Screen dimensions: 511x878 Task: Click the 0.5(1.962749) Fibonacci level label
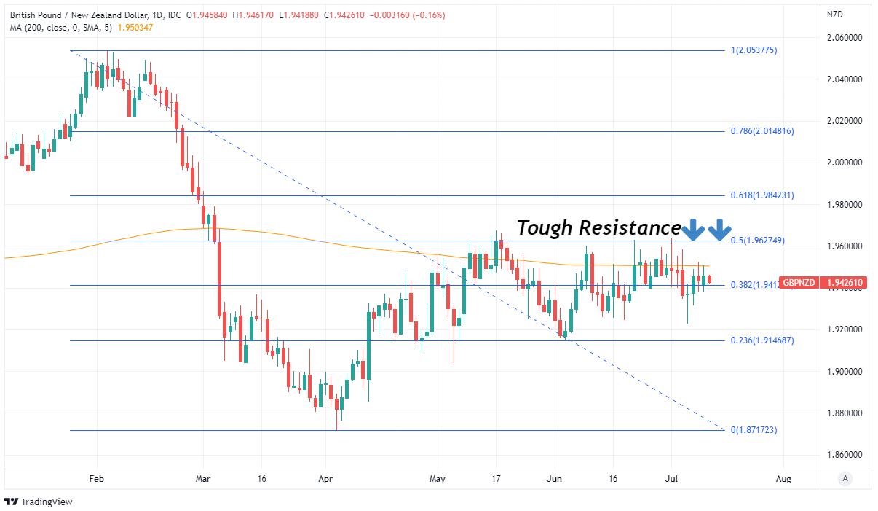click(757, 241)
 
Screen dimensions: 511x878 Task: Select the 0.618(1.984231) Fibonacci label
click(763, 195)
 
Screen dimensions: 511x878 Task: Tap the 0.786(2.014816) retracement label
click(763, 131)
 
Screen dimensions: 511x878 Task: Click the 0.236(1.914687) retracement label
click(763, 340)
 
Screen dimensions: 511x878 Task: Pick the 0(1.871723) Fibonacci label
click(754, 430)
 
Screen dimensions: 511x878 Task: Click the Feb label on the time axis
click(95, 479)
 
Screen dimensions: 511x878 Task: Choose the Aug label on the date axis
click(783, 479)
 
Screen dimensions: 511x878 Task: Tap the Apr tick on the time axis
click(325, 479)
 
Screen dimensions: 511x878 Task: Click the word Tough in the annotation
click(545, 228)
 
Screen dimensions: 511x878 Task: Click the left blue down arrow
click(693, 230)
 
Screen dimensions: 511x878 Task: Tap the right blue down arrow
click(720, 230)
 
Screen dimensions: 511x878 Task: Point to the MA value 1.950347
click(135, 27)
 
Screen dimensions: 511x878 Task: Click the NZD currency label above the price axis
click(834, 15)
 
